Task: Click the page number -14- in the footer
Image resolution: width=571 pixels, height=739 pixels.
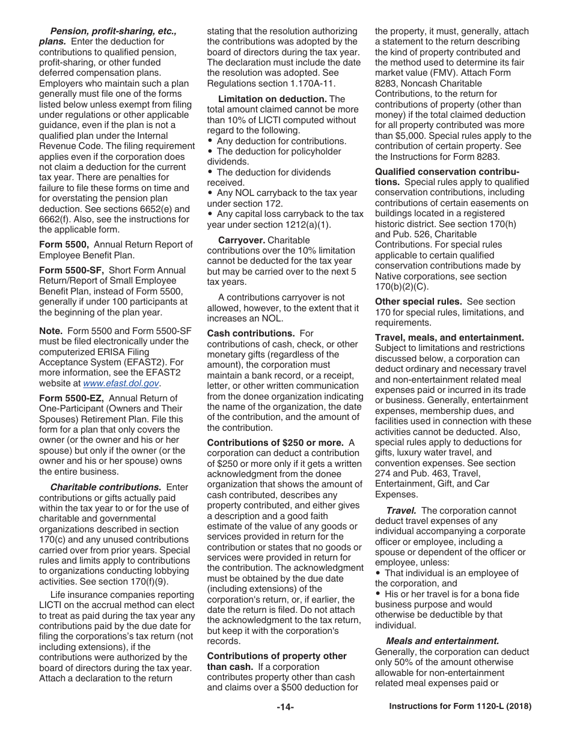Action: point(285,707)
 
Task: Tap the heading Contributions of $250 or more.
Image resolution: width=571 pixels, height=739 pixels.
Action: point(275,443)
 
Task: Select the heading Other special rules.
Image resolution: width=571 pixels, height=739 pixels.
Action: point(418,302)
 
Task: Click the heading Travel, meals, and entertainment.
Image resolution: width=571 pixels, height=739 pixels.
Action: point(449,338)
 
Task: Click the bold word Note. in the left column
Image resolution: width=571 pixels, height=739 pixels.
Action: point(50,331)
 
